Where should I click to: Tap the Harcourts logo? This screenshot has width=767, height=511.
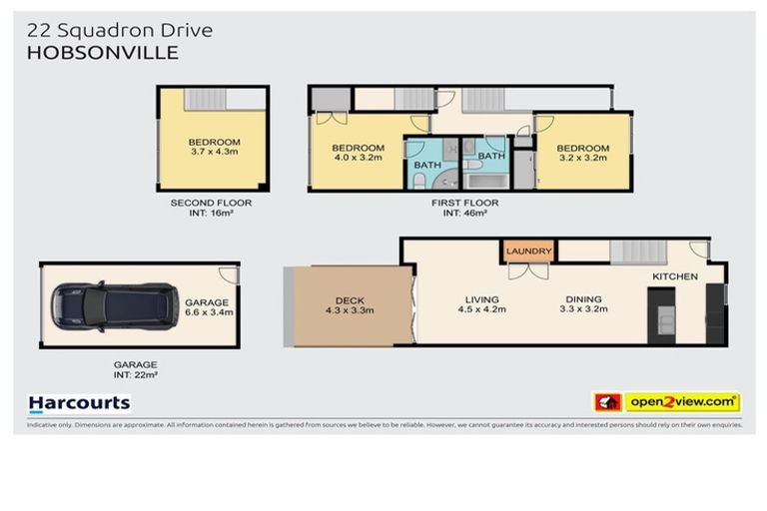coord(80,403)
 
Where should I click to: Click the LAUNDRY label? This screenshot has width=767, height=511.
coord(528,251)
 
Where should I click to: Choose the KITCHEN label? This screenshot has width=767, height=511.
coord(675,276)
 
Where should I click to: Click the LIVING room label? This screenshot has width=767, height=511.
coord(481,299)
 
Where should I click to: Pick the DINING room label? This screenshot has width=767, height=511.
coord(583,299)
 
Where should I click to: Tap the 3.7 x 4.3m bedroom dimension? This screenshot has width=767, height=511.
coord(214,155)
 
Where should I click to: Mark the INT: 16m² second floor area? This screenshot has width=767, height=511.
coord(210,214)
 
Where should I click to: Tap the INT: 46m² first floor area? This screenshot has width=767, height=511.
coord(465,214)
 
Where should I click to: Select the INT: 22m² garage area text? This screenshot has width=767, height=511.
coord(134,375)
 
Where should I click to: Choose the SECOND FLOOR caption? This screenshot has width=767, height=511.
coord(210,203)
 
